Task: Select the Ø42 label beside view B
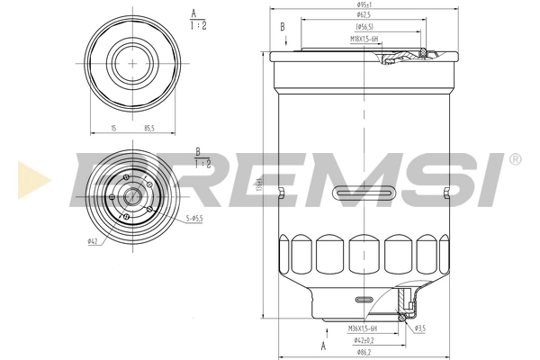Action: (93, 241)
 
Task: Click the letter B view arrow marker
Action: (282, 27)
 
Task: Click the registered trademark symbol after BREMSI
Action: (514, 159)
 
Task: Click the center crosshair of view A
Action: (133, 62)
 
